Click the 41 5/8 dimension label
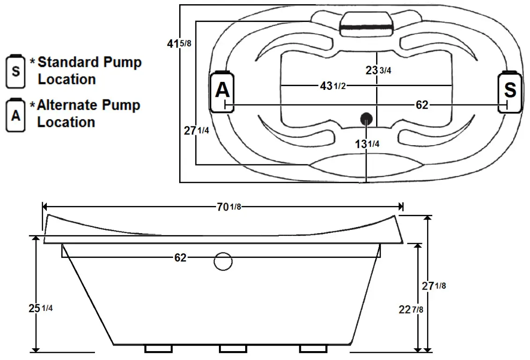pyautogui.click(x=179, y=44)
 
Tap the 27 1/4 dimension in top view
pyautogui.click(x=196, y=131)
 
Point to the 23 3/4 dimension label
pyautogui.click(x=378, y=70)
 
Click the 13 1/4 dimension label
pyautogui.click(x=367, y=144)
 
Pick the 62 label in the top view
pyautogui.click(x=422, y=105)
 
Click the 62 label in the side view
pyautogui.click(x=181, y=258)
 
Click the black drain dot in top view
pyautogui.click(x=366, y=118)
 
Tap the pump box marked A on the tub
pyautogui.click(x=222, y=91)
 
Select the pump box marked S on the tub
pyautogui.click(x=509, y=91)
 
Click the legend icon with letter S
pyautogui.click(x=16, y=71)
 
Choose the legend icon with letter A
pyautogui.click(x=16, y=114)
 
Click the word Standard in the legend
pyautogui.click(x=68, y=62)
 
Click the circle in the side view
pyautogui.click(x=223, y=262)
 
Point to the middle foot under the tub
pyautogui.click(x=233, y=349)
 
